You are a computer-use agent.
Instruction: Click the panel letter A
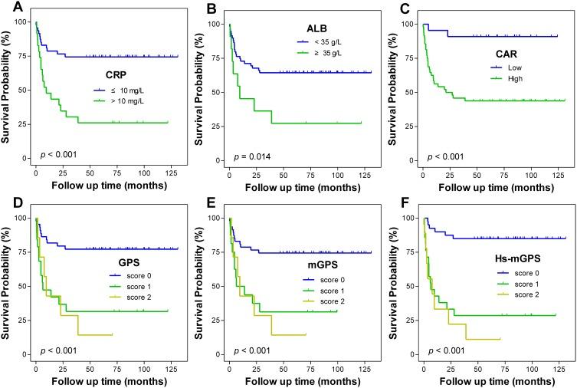7,8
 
